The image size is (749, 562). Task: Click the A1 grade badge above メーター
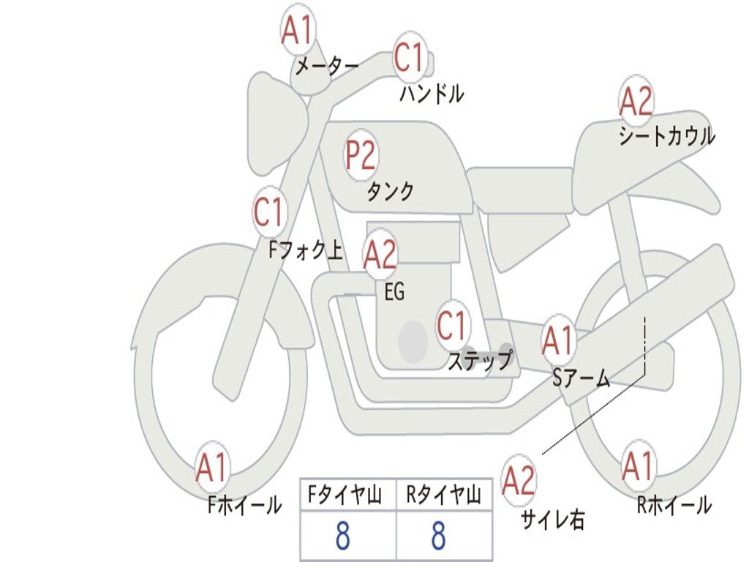click(x=297, y=31)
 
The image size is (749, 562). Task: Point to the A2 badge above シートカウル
click(x=636, y=102)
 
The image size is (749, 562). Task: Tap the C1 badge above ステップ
click(x=451, y=326)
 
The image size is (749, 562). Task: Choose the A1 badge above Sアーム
click(x=559, y=341)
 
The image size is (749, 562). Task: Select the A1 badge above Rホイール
click(x=638, y=466)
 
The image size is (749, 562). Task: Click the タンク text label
click(x=390, y=192)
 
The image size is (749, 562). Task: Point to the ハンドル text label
click(x=432, y=94)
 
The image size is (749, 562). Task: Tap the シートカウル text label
click(x=666, y=136)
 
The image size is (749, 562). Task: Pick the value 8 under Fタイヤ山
click(x=342, y=536)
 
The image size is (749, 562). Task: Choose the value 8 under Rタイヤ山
click(x=438, y=536)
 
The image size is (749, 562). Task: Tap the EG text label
click(x=394, y=293)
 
